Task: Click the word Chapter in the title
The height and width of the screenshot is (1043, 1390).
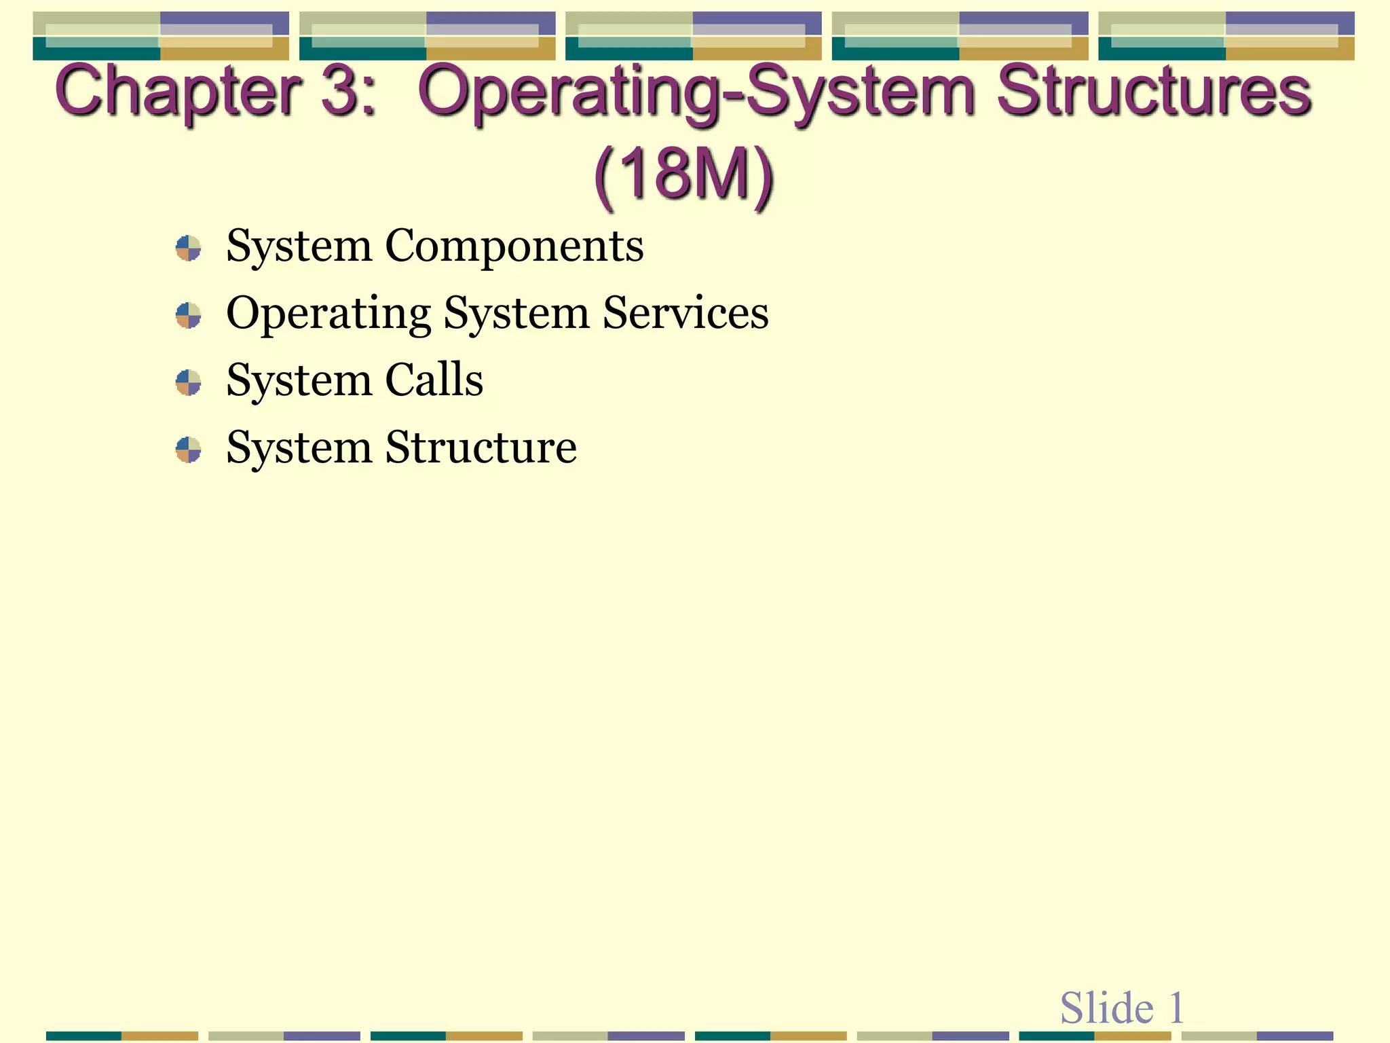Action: (178, 92)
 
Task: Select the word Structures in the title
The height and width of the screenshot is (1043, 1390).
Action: (1154, 92)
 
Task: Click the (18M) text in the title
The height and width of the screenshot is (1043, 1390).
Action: (684, 175)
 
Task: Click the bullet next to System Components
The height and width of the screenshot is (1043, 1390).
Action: (188, 248)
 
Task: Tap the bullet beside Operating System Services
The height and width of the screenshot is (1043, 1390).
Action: (188, 315)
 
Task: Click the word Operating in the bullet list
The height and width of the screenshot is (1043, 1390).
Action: (328, 314)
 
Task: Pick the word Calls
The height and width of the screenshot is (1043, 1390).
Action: (434, 380)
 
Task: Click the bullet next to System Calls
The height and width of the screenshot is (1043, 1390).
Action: (188, 382)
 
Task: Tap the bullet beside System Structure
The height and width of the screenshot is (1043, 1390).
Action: (188, 450)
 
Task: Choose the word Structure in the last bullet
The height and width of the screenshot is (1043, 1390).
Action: (481, 447)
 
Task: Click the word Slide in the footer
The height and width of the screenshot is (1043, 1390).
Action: (1106, 1008)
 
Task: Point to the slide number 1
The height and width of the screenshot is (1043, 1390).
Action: (1176, 1008)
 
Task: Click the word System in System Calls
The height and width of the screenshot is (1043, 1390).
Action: (299, 380)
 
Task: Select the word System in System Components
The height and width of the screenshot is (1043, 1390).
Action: (299, 246)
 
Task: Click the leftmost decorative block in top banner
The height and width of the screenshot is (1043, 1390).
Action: (161, 36)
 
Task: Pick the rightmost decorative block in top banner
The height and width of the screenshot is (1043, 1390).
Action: (1226, 36)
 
